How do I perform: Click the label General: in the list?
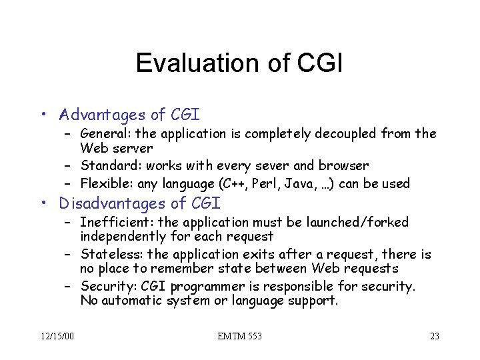tap(104, 134)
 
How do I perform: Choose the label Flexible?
tap(105, 183)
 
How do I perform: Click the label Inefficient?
tap(111, 222)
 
